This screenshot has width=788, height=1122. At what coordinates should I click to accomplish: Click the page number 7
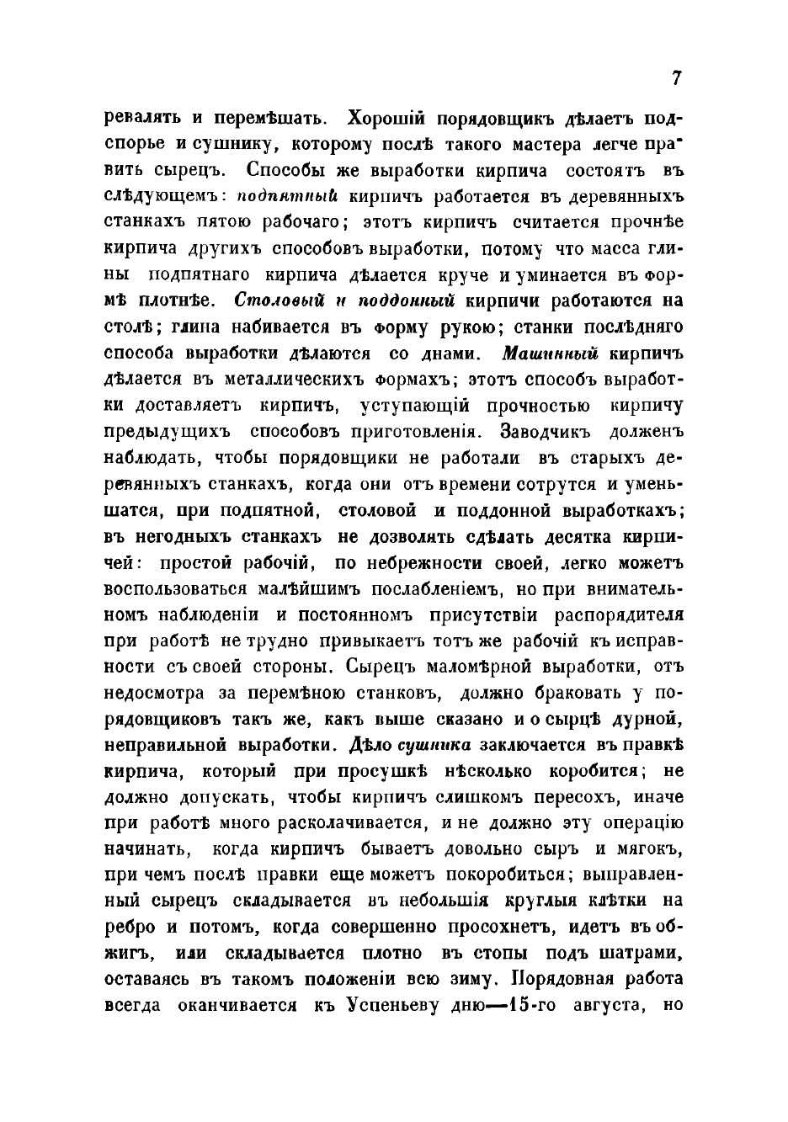pyautogui.click(x=676, y=77)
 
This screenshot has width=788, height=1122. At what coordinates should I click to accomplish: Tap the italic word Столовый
pyautogui.click(x=273, y=300)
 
